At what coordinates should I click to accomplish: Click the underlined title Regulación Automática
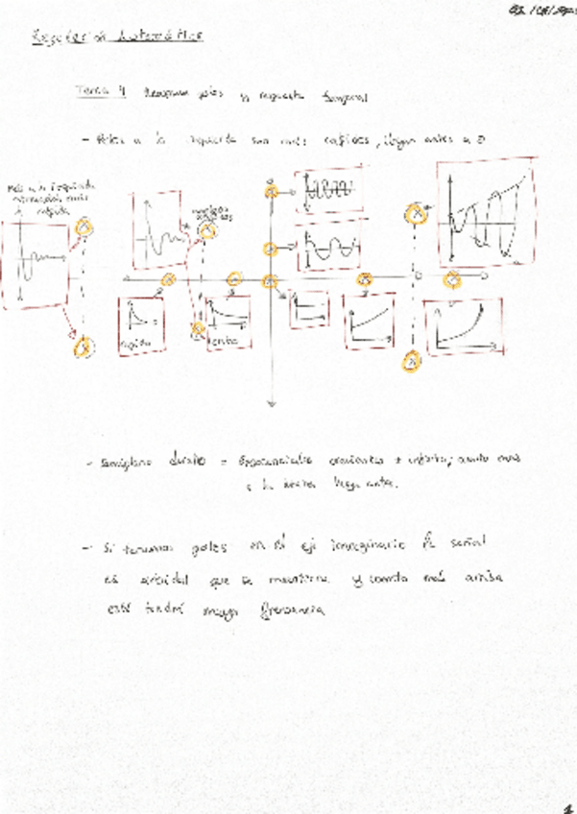tap(118, 36)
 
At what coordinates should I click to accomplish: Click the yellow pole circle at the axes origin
tap(270, 280)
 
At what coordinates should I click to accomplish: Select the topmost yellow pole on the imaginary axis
tap(272, 192)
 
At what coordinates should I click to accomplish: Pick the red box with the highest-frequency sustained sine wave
tap(329, 191)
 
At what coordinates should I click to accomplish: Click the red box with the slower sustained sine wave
tap(329, 251)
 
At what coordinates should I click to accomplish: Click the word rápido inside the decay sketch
tap(132, 342)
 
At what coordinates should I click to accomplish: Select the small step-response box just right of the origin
tap(307, 309)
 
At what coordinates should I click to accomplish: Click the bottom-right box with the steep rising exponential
tap(464, 325)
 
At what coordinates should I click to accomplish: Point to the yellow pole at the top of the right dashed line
tap(416, 214)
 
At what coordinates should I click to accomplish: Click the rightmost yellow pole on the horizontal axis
tap(451, 280)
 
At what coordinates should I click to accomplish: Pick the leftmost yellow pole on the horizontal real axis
tap(167, 280)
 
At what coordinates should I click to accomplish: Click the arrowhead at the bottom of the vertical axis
tap(271, 404)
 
